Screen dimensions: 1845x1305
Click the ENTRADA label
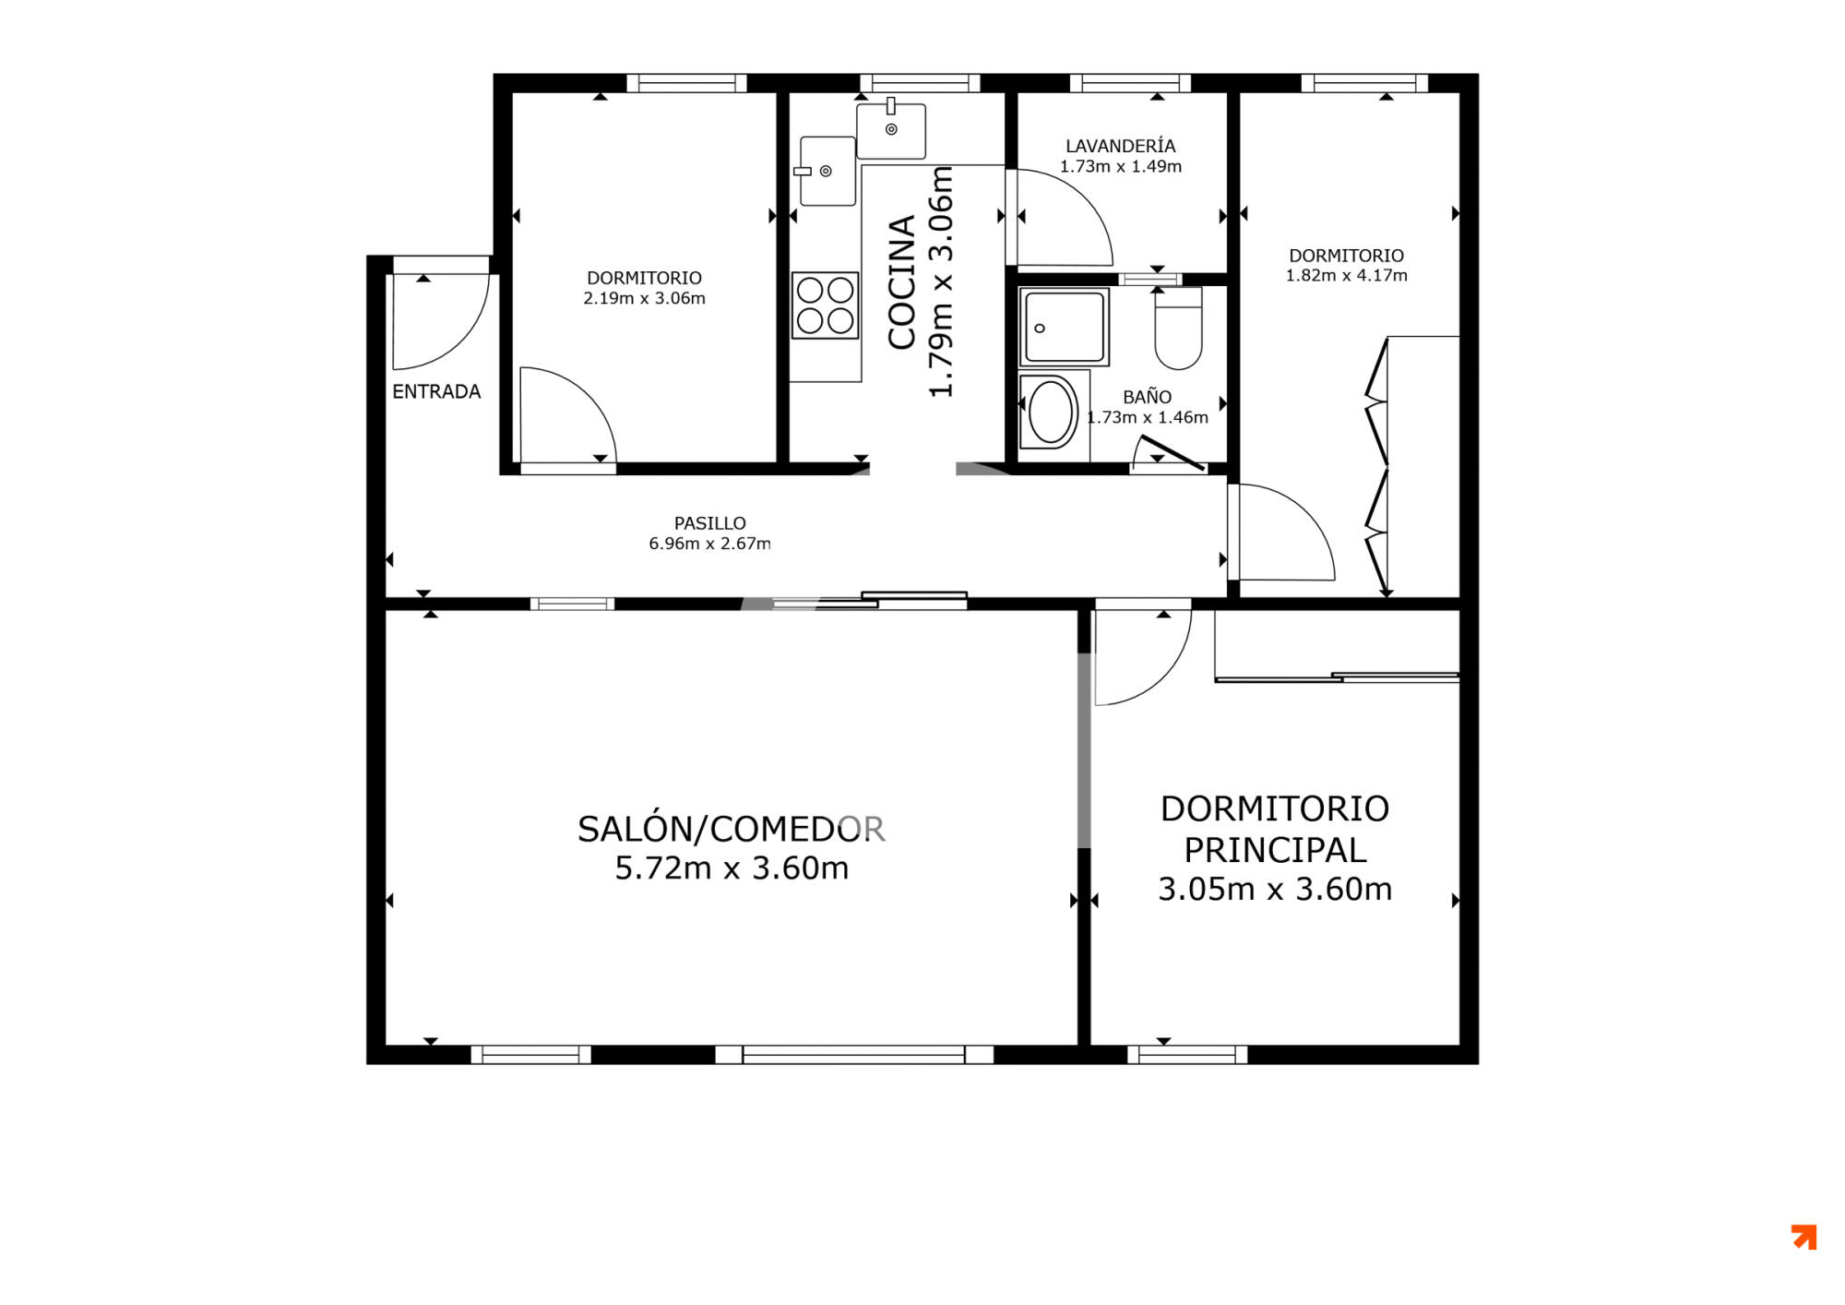[436, 391]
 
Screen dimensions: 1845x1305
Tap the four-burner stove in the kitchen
[825, 305]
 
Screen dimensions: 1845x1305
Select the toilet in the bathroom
[1178, 328]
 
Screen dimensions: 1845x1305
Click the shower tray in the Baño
[1064, 327]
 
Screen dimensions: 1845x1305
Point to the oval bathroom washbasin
[1051, 412]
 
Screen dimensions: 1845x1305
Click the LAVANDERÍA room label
[1120, 146]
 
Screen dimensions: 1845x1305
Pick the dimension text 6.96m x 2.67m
[709, 544]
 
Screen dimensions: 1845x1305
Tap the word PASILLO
[709, 523]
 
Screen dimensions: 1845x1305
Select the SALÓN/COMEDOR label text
[732, 829]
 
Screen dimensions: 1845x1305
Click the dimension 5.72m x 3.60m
[732, 868]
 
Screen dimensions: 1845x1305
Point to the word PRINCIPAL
[1275, 849]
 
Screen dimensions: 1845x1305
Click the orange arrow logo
[1803, 1237]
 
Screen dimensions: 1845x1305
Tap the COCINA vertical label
[902, 282]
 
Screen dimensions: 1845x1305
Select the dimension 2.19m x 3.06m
[644, 298]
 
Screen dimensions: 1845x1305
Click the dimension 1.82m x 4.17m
[1346, 275]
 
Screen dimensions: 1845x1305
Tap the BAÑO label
[1147, 397]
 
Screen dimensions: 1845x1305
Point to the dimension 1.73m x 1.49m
[1120, 167]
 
